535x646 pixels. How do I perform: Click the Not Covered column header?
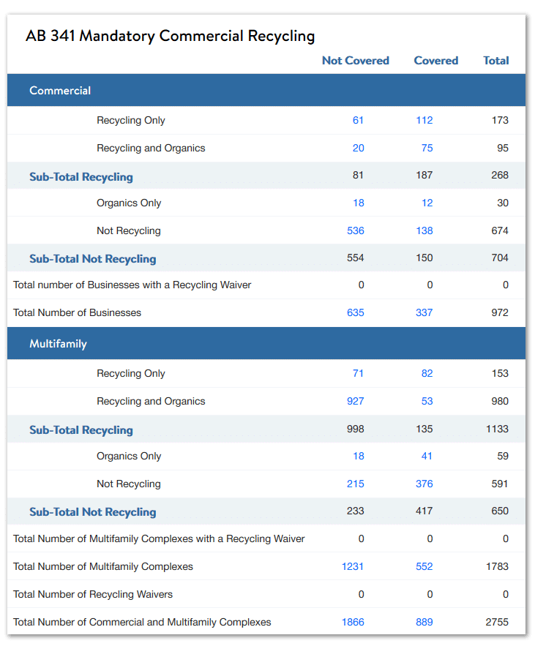pyautogui.click(x=355, y=61)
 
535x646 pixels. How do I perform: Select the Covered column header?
pyautogui.click(x=435, y=61)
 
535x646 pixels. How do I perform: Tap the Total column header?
pyautogui.click(x=495, y=61)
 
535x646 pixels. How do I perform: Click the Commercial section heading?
pyautogui.click(x=60, y=91)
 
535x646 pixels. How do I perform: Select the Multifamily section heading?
pyautogui.click(x=58, y=344)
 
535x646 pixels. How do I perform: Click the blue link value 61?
pyautogui.click(x=358, y=120)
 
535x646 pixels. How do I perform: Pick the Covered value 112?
pyautogui.click(x=424, y=120)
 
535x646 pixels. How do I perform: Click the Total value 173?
pyautogui.click(x=500, y=120)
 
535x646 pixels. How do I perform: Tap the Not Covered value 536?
pyautogui.click(x=355, y=230)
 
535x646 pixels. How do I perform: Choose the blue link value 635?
pyautogui.click(x=355, y=312)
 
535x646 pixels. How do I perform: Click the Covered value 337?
pyautogui.click(x=424, y=312)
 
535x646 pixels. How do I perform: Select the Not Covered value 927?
pyautogui.click(x=355, y=401)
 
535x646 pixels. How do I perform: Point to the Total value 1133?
pyautogui.click(x=497, y=429)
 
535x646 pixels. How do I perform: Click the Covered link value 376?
pyautogui.click(x=424, y=484)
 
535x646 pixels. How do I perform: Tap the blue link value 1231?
pyautogui.click(x=353, y=566)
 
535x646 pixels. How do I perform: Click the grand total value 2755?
pyautogui.click(x=497, y=622)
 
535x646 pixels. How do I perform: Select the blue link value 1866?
pyautogui.click(x=353, y=622)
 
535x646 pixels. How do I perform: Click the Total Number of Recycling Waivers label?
pyautogui.click(x=93, y=595)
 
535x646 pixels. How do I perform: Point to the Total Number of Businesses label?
pyautogui.click(x=77, y=312)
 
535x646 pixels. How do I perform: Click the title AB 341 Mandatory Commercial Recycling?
pyautogui.click(x=171, y=37)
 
